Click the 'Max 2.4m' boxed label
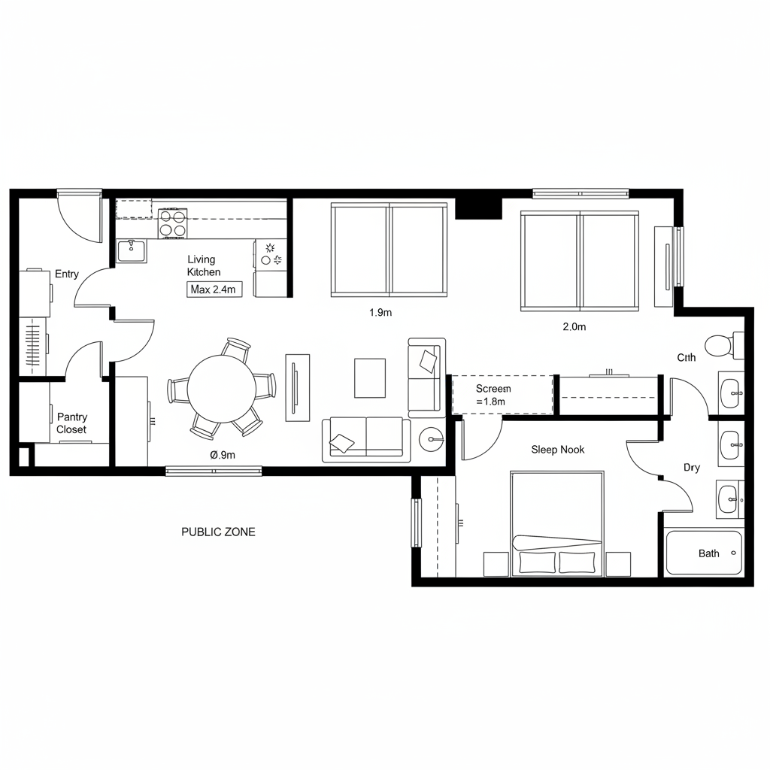(214, 290)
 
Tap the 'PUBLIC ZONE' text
(218, 532)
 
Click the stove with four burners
(172, 223)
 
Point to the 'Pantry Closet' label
(71, 423)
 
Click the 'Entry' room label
(66, 274)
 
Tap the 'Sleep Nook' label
(557, 450)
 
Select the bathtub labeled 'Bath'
(703, 553)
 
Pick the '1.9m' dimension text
(380, 313)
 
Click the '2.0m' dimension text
(574, 326)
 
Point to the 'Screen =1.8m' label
(493, 395)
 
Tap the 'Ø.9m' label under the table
(223, 454)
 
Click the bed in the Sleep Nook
(557, 523)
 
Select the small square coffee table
(369, 377)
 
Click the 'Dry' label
(692, 468)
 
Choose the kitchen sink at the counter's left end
(132, 250)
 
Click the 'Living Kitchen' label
(204, 265)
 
